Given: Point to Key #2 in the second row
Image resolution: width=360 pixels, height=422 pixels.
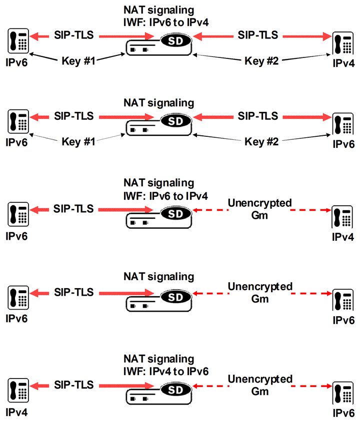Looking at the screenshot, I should (x=261, y=141).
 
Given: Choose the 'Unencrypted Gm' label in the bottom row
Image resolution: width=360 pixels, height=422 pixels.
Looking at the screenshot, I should (x=259, y=385).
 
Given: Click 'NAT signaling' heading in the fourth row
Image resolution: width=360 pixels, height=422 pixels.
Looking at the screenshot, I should (x=158, y=276).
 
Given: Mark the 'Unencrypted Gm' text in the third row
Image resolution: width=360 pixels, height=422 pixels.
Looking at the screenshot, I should (x=259, y=209).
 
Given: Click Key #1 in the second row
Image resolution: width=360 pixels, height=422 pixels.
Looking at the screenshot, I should (x=78, y=141).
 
